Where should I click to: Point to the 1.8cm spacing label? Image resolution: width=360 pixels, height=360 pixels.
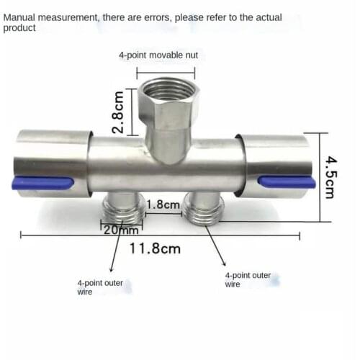click(x=163, y=205)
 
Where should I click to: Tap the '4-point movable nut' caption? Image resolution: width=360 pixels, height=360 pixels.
click(x=158, y=55)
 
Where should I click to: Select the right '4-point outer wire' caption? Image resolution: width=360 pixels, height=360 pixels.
click(x=248, y=279)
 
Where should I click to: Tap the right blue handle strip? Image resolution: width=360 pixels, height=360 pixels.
click(x=287, y=182)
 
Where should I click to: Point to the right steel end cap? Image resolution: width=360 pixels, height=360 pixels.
click(x=277, y=162)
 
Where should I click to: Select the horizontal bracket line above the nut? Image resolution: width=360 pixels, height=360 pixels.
click(x=165, y=71)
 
